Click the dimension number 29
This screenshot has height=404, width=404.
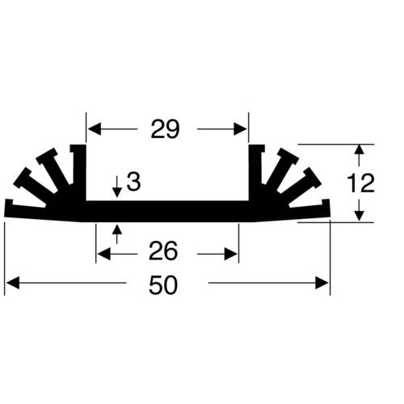click(165, 130)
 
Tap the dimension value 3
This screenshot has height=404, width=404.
click(134, 183)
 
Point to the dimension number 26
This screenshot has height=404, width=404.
click(164, 252)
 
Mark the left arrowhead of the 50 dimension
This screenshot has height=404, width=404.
click(11, 284)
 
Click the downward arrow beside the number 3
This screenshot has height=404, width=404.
click(118, 191)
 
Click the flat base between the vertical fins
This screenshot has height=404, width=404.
click(166, 211)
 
